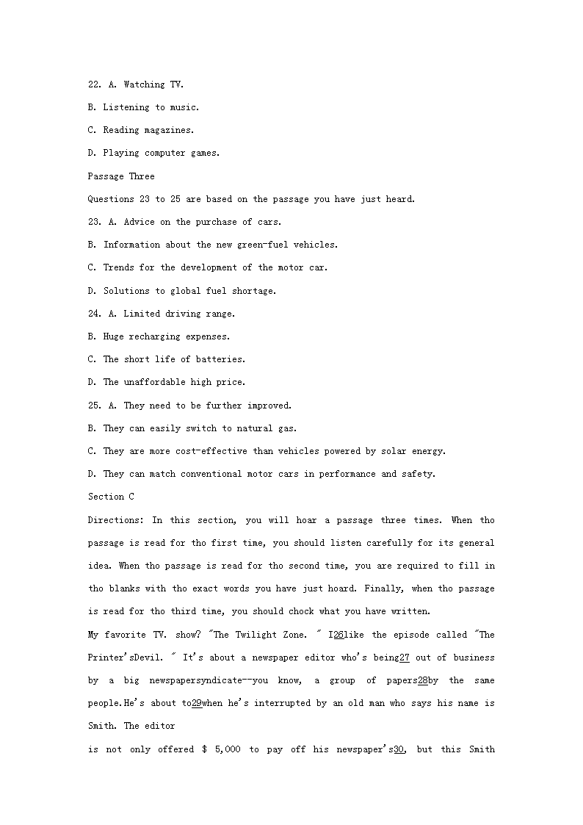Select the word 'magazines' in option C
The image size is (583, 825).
(170, 130)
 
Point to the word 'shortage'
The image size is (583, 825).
(253, 291)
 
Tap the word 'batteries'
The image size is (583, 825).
(220, 359)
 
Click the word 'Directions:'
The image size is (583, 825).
(115, 520)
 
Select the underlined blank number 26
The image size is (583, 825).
(338, 635)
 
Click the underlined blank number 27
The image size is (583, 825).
(404, 658)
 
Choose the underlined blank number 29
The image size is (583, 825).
(196, 703)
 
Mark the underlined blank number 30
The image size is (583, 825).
(399, 749)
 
